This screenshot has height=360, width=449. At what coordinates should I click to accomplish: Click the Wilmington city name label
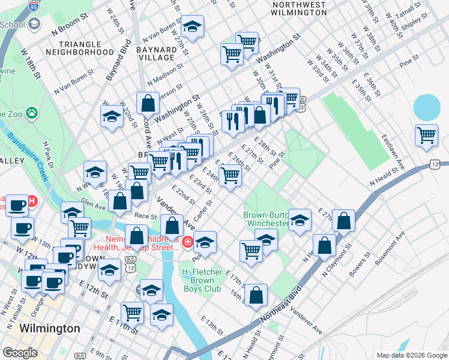pos(50,329)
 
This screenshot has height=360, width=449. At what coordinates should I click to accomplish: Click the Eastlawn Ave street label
pos(394,151)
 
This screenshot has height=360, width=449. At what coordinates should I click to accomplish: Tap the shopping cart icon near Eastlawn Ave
pos(426,135)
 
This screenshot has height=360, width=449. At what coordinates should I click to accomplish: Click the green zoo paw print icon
pos(31,113)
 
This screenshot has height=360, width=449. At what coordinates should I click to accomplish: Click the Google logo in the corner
pos(20,352)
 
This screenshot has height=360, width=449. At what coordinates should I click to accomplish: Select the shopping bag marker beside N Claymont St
pos(324,245)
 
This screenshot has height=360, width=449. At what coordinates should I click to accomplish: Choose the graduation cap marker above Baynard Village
pos(192,27)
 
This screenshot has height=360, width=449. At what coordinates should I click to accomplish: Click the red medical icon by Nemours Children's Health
pos(187,242)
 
